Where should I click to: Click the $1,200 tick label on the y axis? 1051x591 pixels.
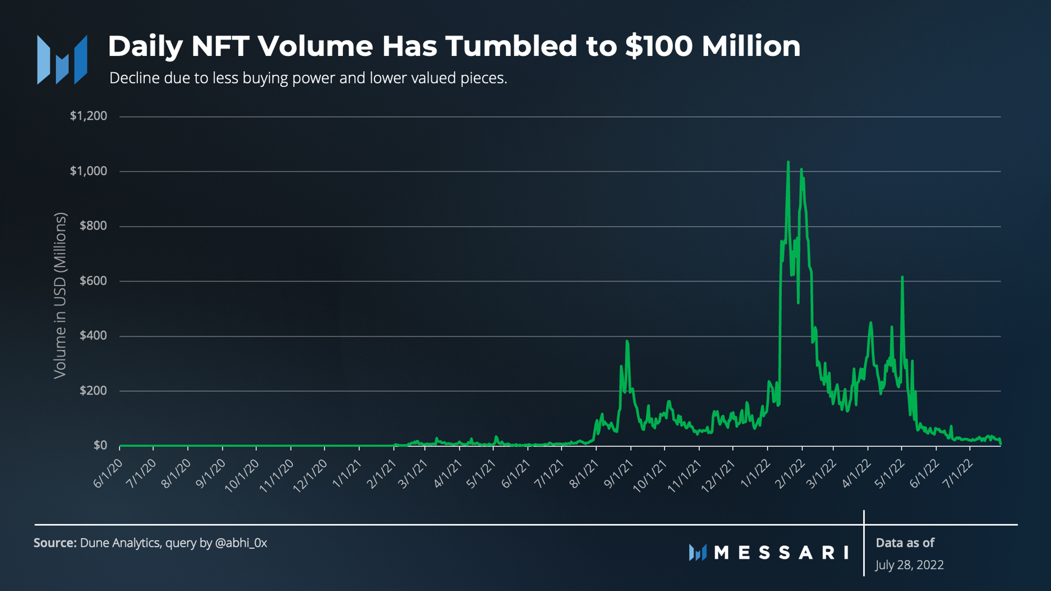click(88, 116)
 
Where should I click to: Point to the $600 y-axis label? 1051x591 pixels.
click(93, 281)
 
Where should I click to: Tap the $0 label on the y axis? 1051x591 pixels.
click(100, 445)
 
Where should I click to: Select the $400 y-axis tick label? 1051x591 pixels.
click(93, 335)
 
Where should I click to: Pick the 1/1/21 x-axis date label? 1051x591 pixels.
click(348, 474)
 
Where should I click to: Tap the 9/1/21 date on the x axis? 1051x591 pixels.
click(619, 474)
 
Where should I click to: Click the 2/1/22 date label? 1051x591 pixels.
click(790, 474)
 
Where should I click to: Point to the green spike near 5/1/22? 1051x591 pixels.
click(902, 278)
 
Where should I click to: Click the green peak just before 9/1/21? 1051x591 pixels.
click(627, 341)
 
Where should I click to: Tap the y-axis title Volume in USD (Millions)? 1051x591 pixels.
click(60, 295)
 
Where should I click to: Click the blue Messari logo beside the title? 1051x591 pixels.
click(62, 60)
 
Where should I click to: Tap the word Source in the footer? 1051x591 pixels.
click(54, 543)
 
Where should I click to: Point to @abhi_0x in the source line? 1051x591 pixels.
click(241, 543)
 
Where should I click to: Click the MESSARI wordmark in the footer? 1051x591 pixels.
click(781, 553)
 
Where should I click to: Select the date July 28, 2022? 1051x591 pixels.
click(909, 565)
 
